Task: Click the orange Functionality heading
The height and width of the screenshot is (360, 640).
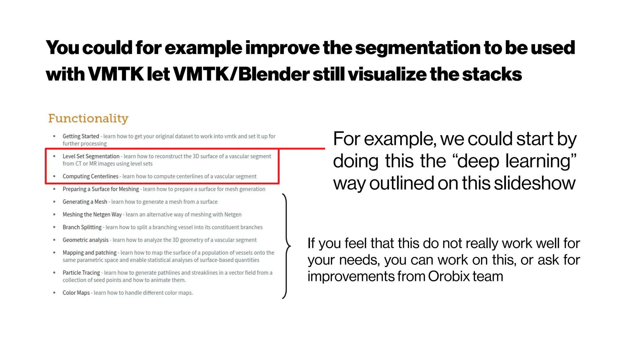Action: point(88,118)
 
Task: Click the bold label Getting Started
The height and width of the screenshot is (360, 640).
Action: point(81,136)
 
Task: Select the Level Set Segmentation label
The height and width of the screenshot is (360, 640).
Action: point(91,156)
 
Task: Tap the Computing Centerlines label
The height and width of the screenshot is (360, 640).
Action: point(90,176)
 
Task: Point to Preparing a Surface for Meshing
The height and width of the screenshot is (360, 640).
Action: point(101,189)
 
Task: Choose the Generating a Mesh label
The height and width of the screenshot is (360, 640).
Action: point(85,202)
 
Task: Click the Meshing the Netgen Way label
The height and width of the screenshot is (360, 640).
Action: point(92,215)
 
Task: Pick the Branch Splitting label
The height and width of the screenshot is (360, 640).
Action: point(82,227)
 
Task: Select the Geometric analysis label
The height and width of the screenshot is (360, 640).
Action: point(85,240)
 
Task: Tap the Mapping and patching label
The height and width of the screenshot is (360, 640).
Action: point(89,252)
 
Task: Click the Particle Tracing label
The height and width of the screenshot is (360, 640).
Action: point(81,273)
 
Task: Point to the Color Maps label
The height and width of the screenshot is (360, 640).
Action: point(76,293)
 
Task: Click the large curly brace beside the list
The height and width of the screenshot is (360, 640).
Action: point(286,246)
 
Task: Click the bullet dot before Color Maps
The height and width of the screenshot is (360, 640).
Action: point(54,293)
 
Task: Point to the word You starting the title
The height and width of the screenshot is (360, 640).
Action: point(62,48)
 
